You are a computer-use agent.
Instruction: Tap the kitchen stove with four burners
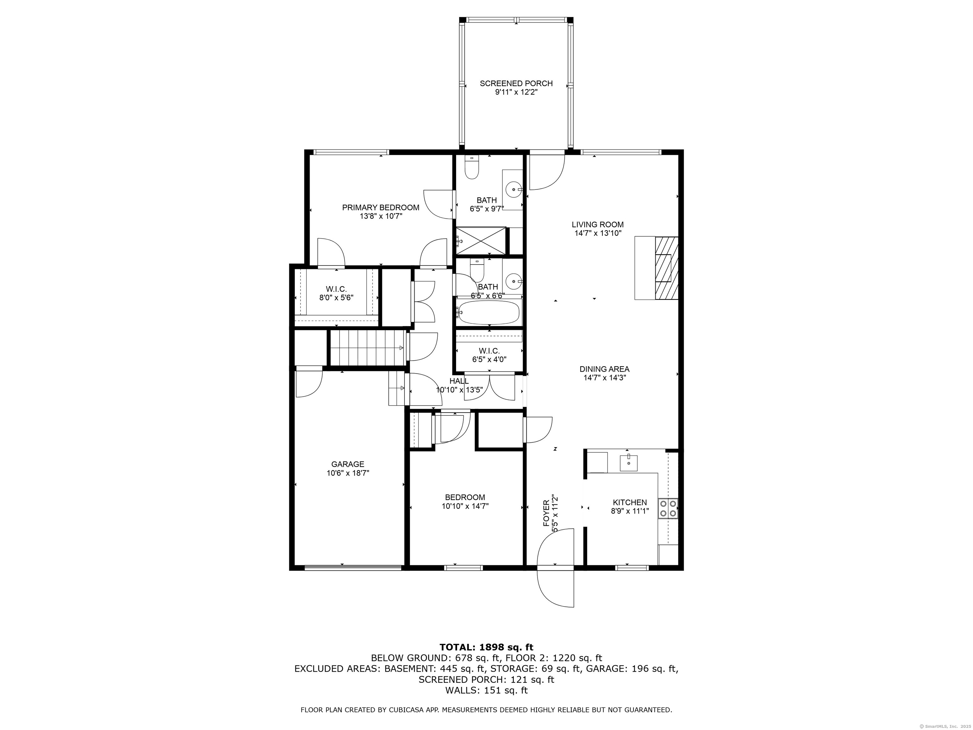click(668, 508)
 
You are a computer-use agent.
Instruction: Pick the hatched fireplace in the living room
click(666, 268)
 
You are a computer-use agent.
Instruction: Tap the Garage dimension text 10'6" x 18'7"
click(347, 473)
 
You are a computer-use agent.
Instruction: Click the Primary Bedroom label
click(380, 207)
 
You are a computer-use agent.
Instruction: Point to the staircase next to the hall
click(367, 348)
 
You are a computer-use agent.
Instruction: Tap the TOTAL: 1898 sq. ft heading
click(486, 647)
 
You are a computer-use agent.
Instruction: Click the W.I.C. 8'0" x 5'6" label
click(336, 293)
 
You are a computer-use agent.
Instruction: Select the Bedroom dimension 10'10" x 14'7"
click(465, 506)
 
